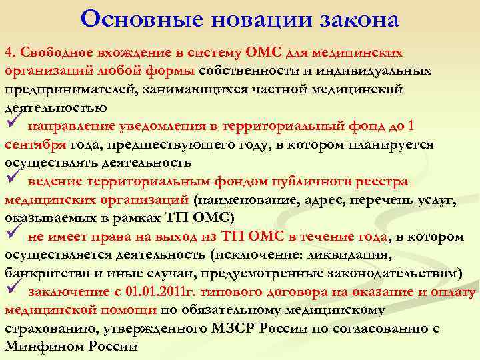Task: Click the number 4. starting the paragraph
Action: tap(10, 53)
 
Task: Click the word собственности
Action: tap(254, 71)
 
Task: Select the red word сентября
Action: tap(35, 144)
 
